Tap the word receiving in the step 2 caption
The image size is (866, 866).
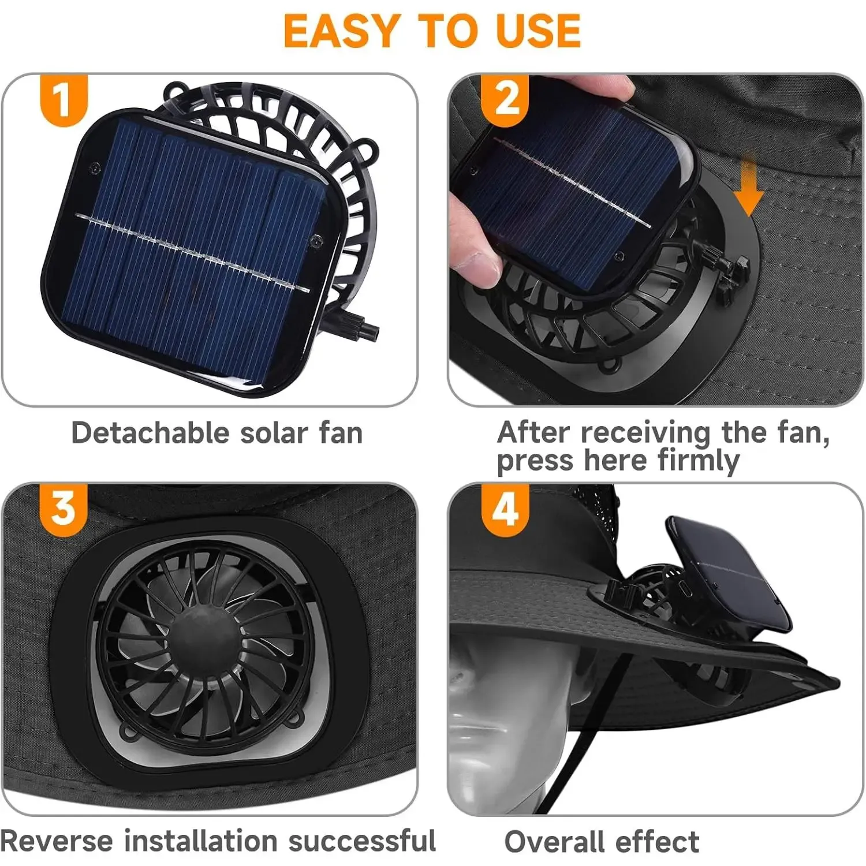(x=645, y=432)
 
